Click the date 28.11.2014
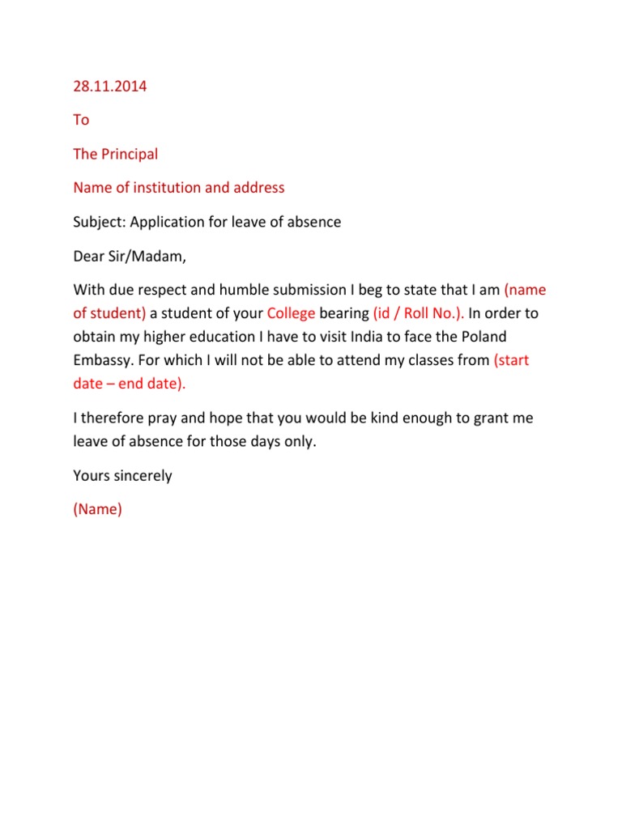click(110, 86)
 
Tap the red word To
click(81, 120)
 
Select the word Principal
click(130, 154)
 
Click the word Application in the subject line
click(171, 222)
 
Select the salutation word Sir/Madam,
click(147, 257)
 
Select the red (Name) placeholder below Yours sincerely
click(97, 510)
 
